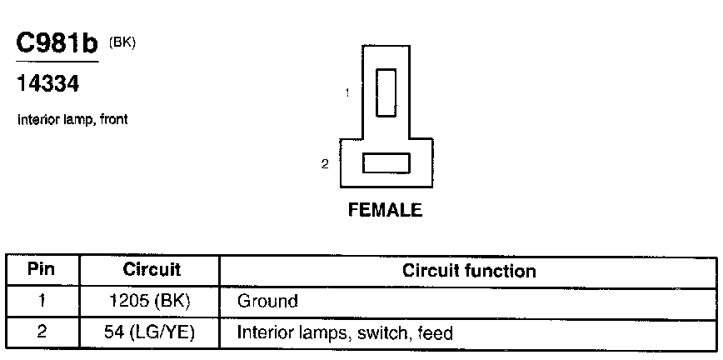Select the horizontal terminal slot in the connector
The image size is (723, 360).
386,162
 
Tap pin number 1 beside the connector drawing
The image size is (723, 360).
347,93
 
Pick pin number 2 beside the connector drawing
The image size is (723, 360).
325,164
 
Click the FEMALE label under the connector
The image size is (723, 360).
385,210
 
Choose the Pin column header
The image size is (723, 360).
42,271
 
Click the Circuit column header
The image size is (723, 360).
152,271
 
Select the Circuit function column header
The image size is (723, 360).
469,271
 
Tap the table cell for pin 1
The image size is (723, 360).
42,301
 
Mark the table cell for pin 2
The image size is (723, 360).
42,333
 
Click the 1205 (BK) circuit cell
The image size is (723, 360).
150,301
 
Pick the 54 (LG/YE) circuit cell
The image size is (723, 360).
151,333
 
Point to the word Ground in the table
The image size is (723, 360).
267,301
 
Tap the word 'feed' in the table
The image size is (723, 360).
436,333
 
